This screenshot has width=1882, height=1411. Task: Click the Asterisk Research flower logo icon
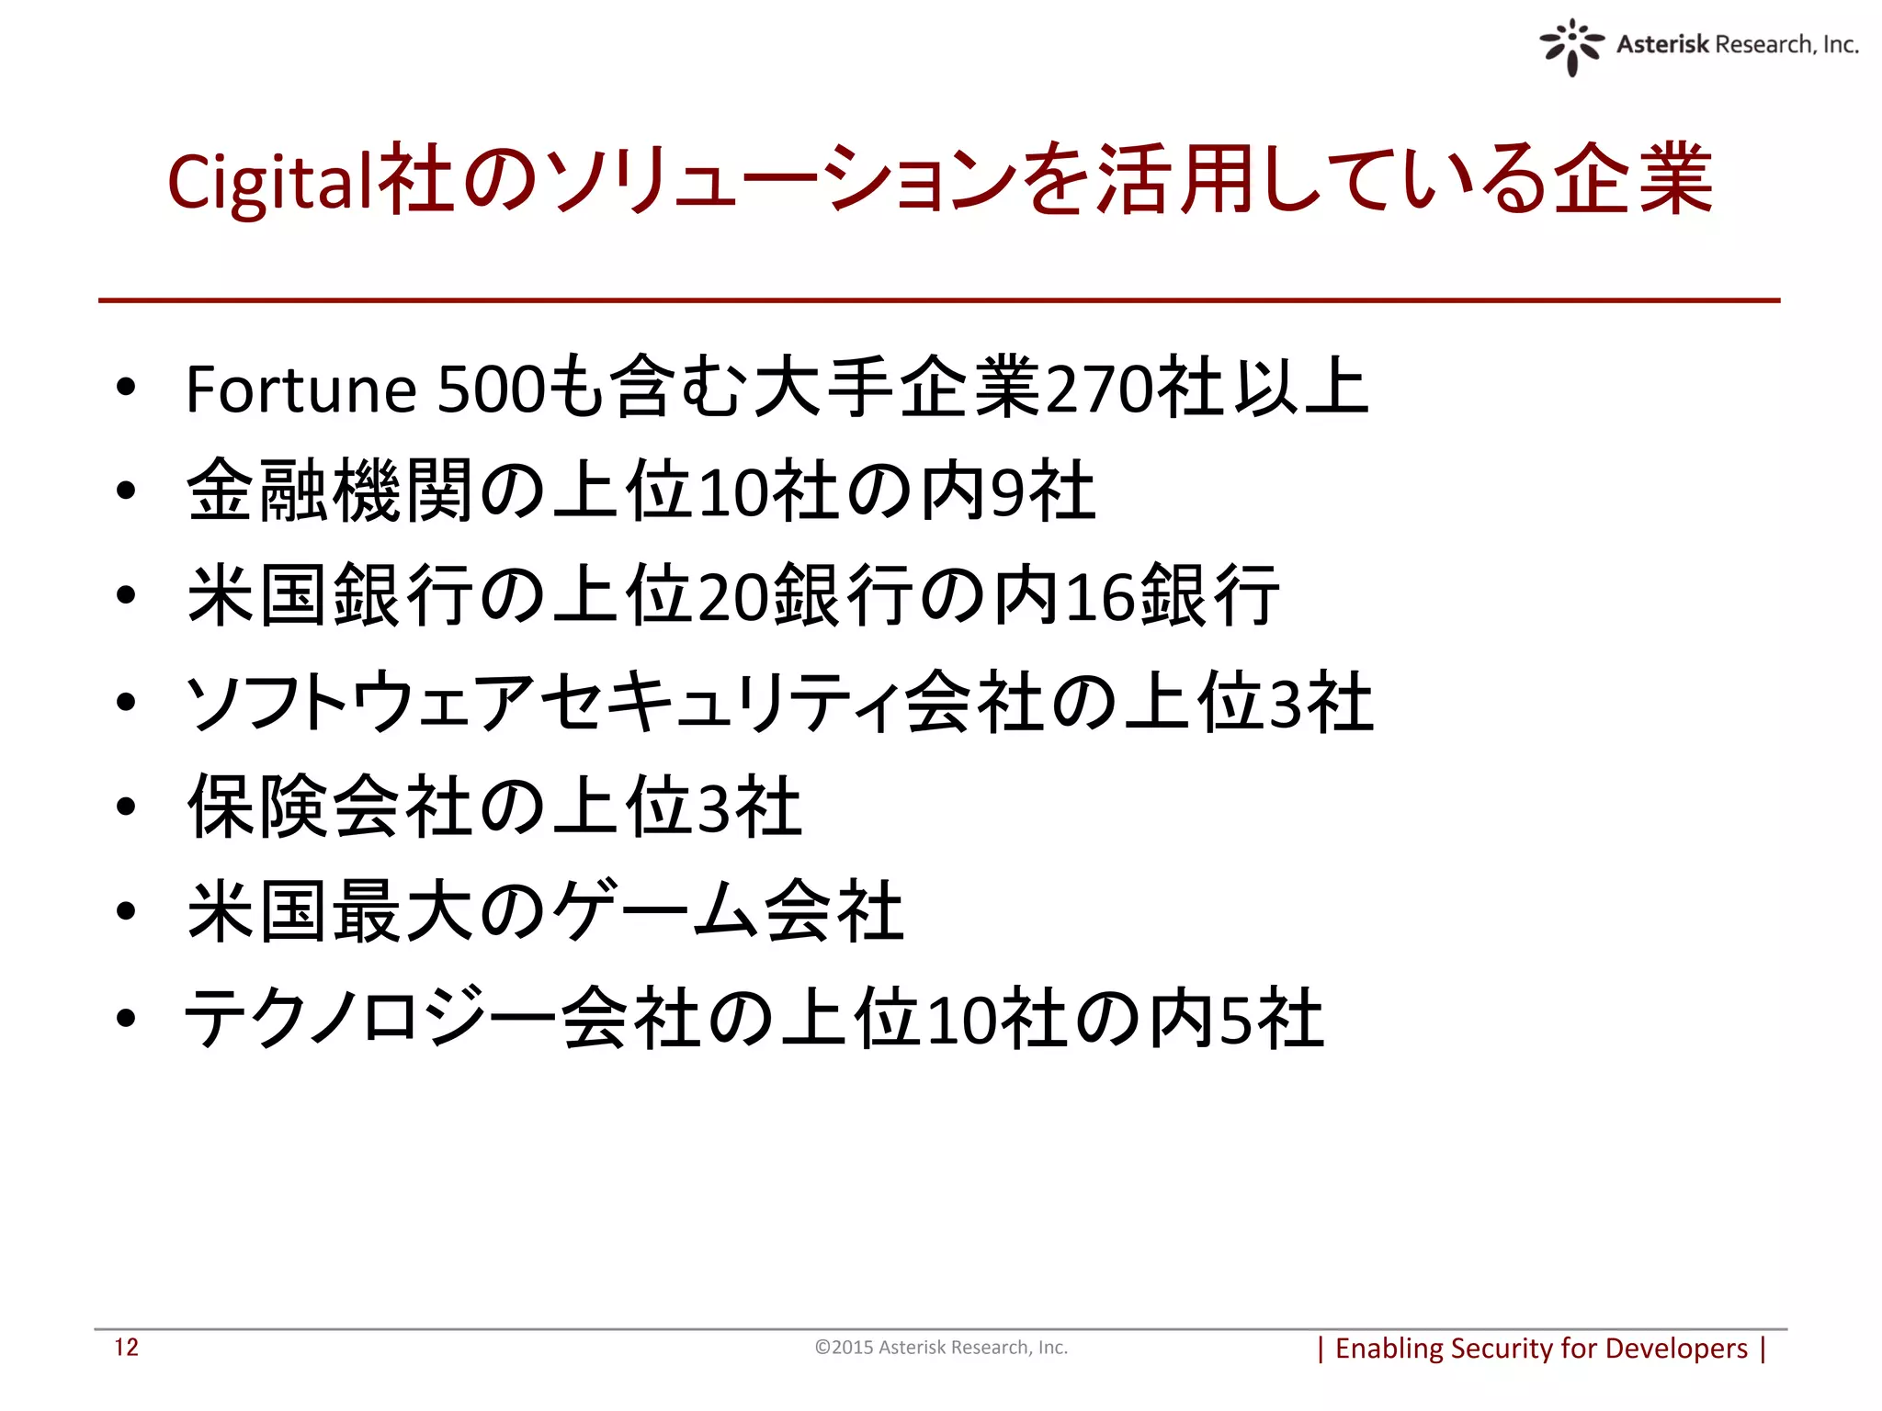(1571, 46)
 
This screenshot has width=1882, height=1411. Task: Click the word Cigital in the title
(272, 182)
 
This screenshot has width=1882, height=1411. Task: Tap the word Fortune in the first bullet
(301, 389)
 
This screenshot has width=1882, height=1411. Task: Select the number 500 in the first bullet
(492, 389)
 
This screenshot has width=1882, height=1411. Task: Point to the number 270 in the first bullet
(1100, 389)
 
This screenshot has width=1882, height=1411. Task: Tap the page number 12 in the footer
(126, 1348)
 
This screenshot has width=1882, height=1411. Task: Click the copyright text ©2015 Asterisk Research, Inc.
(941, 1348)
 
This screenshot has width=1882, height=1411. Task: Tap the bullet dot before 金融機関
(126, 491)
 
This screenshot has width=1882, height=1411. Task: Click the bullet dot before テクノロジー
(126, 1018)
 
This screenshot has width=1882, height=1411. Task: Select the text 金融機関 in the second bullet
(331, 491)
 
